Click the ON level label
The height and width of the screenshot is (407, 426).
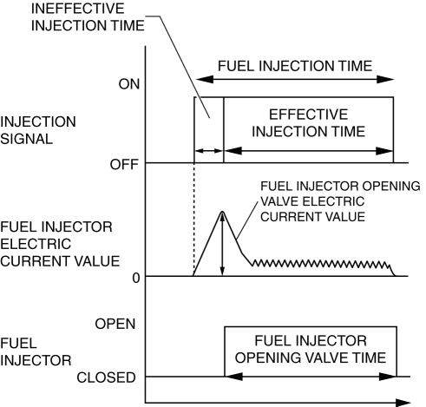(x=129, y=84)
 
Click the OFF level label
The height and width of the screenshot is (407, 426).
(x=124, y=165)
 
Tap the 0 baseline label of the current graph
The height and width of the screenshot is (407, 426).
(x=136, y=278)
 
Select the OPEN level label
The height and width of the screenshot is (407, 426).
(x=115, y=324)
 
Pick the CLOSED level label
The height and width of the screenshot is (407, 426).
(x=106, y=377)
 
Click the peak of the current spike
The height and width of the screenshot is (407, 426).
(x=222, y=212)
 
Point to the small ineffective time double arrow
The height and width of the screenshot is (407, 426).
(x=208, y=151)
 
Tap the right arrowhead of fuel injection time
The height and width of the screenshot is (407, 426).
(x=385, y=79)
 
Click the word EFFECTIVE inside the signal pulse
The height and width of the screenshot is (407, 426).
(x=309, y=115)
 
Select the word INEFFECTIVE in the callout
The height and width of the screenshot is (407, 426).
(x=77, y=9)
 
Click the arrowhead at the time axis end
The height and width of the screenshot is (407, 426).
(x=403, y=403)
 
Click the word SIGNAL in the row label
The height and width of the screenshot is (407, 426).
(x=27, y=139)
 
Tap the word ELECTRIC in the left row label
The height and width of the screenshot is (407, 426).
(x=36, y=244)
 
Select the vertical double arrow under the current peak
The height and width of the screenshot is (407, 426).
(x=222, y=245)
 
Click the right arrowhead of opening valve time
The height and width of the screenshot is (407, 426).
(x=388, y=377)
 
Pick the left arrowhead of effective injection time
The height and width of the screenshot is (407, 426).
(x=233, y=151)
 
